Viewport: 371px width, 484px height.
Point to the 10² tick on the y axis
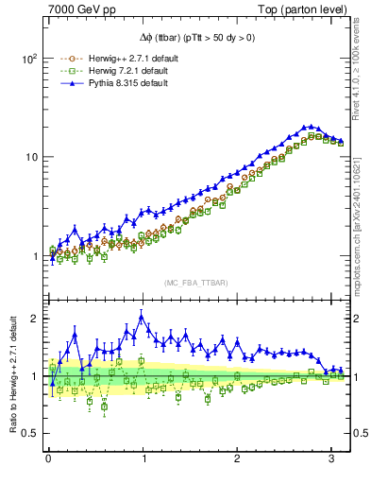pos(27,58)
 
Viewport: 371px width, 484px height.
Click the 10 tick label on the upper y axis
pos(30,157)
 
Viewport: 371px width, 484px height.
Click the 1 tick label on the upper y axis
pos(33,256)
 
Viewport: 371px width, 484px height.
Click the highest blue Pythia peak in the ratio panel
pos(142,317)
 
